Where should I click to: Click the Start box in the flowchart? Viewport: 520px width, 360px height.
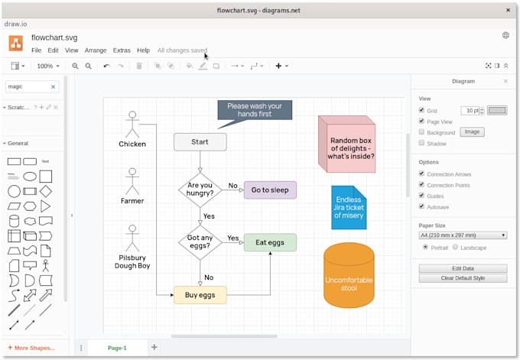[x=200, y=141]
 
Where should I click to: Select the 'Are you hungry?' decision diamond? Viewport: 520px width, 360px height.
[x=200, y=190]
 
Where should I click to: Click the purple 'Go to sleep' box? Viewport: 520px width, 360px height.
[x=270, y=190]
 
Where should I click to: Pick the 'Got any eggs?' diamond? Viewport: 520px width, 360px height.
[x=200, y=242]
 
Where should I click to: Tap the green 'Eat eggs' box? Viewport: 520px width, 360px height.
[x=270, y=242]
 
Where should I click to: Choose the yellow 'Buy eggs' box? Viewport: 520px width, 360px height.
[x=200, y=294]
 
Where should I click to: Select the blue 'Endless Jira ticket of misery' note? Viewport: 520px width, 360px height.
[x=349, y=208]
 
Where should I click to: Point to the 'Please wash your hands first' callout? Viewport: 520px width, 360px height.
[x=255, y=110]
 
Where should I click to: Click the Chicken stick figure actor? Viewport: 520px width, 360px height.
[x=132, y=124]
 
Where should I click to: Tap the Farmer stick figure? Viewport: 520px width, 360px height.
[x=132, y=181]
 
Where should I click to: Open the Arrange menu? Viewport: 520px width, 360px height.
[x=96, y=50]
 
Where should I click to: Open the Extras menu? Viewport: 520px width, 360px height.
[x=122, y=50]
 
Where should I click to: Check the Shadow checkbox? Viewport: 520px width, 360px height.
[x=421, y=143]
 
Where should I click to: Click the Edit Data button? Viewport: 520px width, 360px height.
[x=463, y=268]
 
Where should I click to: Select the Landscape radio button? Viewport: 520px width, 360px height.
[x=456, y=247]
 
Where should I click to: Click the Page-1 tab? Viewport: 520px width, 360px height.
[x=117, y=348]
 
